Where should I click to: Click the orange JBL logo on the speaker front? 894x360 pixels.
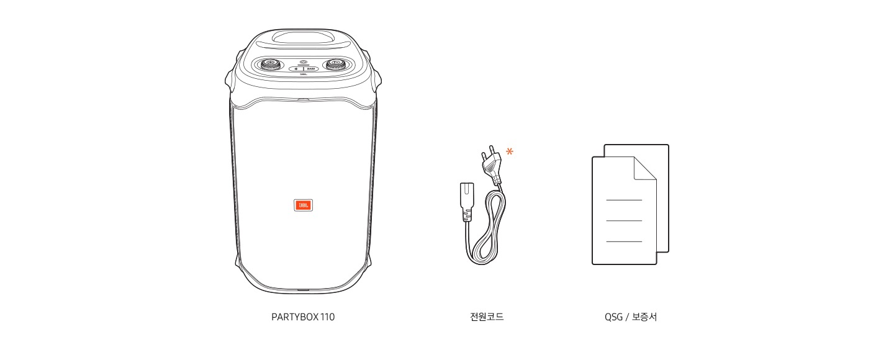[303, 205]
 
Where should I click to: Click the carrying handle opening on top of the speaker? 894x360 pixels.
[303, 37]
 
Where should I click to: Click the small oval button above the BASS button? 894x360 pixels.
[303, 62]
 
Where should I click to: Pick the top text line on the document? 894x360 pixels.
[623, 200]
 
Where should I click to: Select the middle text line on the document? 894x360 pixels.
[623, 220]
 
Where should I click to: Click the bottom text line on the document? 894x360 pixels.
[623, 241]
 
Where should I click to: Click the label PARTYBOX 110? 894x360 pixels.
[303, 317]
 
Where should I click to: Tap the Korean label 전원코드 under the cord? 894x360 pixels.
[487, 317]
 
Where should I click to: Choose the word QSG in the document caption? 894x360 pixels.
[613, 317]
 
